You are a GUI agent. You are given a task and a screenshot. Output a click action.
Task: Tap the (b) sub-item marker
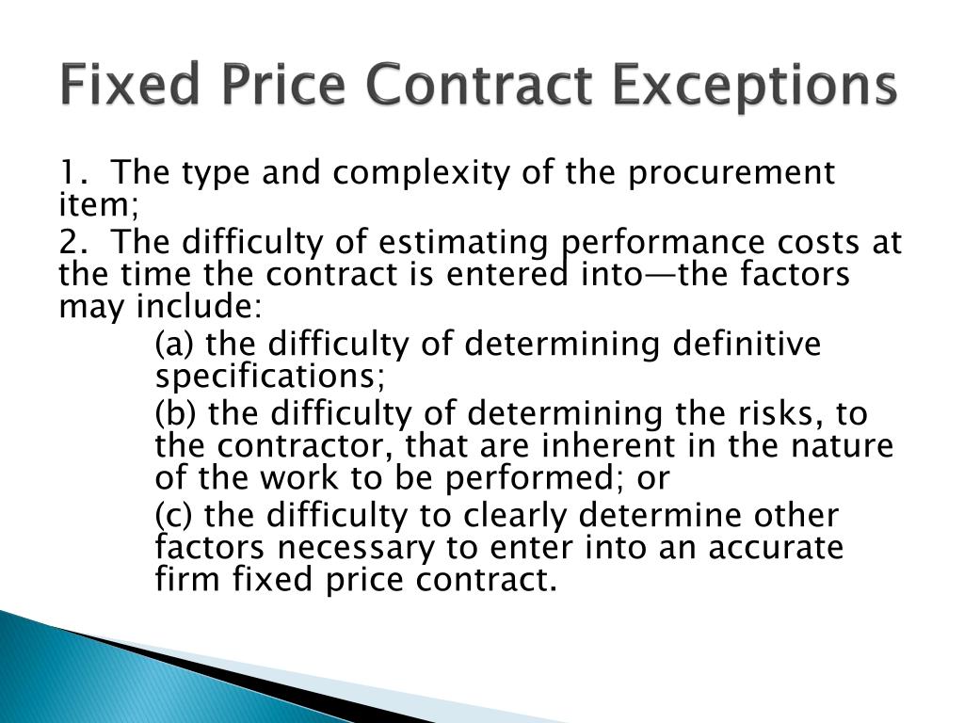pos(176,414)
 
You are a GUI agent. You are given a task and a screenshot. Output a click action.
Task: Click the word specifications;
pos(270,377)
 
